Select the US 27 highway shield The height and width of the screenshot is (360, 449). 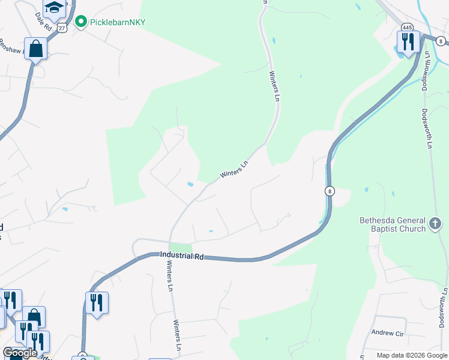tap(62, 27)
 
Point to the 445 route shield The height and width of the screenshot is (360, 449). tap(408, 27)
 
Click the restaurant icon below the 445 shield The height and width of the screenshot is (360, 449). tap(407, 42)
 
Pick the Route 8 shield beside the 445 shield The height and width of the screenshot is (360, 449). tap(441, 41)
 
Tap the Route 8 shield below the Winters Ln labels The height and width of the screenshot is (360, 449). tap(330, 191)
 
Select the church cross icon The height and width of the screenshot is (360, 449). tap(436, 224)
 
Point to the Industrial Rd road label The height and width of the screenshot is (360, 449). tap(182, 256)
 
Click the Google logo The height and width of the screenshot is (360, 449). tap(20, 353)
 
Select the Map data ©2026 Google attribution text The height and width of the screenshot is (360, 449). tap(412, 355)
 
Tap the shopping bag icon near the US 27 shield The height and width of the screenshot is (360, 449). tap(36, 49)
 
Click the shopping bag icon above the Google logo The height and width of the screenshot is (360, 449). tap(34, 317)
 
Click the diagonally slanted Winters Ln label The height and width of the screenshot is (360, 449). tap(234, 169)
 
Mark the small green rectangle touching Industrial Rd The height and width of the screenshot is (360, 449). tap(181, 247)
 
